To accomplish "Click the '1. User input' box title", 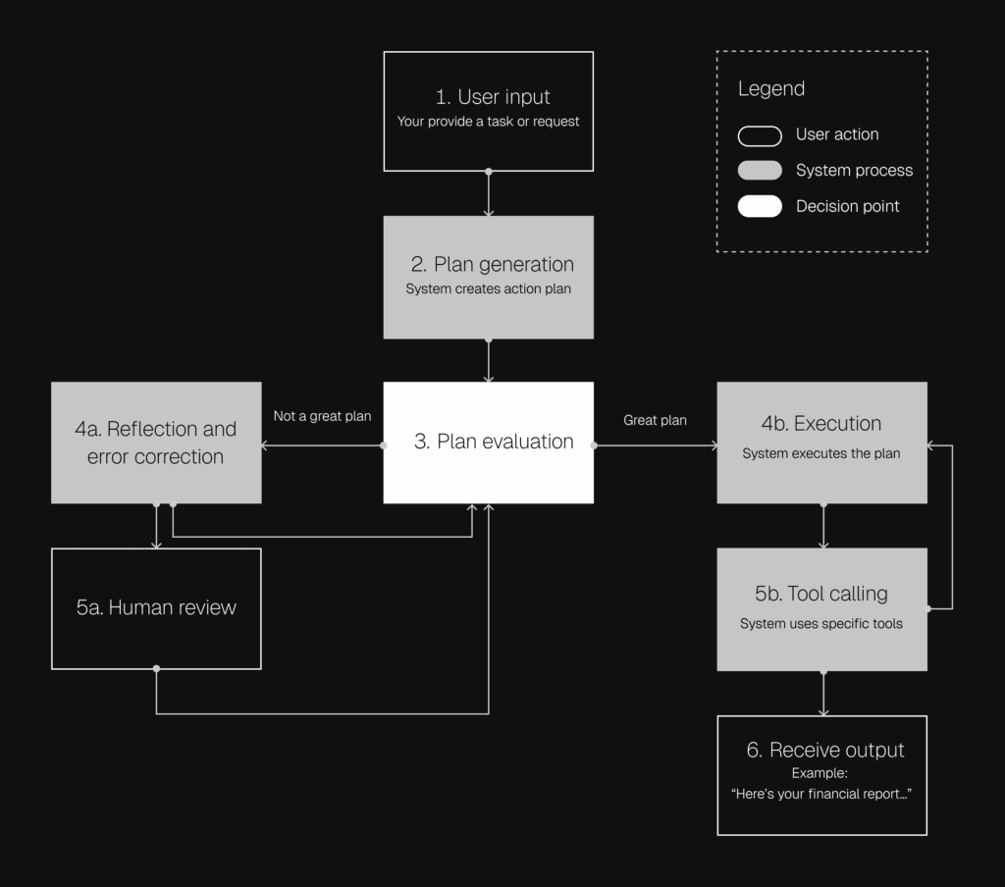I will [493, 97].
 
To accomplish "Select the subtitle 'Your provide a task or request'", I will [488, 122].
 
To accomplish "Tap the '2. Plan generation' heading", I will [492, 264].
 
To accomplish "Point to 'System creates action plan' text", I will [488, 289].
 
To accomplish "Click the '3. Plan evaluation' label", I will [493, 442].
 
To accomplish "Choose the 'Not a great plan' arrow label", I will [322, 416].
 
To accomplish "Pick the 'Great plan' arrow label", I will [655, 420].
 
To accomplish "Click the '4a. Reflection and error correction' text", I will [156, 443].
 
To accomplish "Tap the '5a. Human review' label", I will [156, 607].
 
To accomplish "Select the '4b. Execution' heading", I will [821, 424].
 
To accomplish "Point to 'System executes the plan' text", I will [820, 453].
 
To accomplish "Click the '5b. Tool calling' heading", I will [820, 594].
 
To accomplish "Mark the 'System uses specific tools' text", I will [820, 623].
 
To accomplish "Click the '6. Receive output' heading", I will [824, 750].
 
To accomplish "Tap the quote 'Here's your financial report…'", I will [821, 794].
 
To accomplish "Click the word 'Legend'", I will [771, 88].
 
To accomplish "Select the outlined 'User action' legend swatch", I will [760, 134].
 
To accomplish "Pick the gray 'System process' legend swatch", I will [760, 171].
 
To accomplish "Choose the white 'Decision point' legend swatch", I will [760, 206].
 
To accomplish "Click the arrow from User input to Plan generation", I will [489, 193].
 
